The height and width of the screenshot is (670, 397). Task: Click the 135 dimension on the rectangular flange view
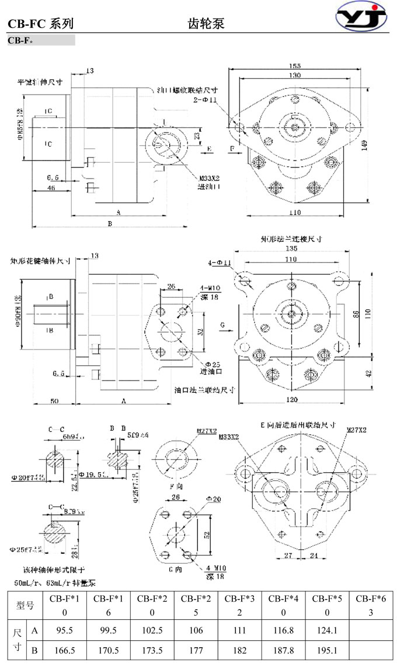tap(291, 247)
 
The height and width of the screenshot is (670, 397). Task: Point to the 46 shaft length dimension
tap(51, 188)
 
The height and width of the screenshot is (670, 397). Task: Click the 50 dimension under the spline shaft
tap(54, 402)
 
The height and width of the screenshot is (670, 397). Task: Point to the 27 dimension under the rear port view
tap(288, 554)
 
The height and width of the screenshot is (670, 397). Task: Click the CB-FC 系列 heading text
tap(41, 24)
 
